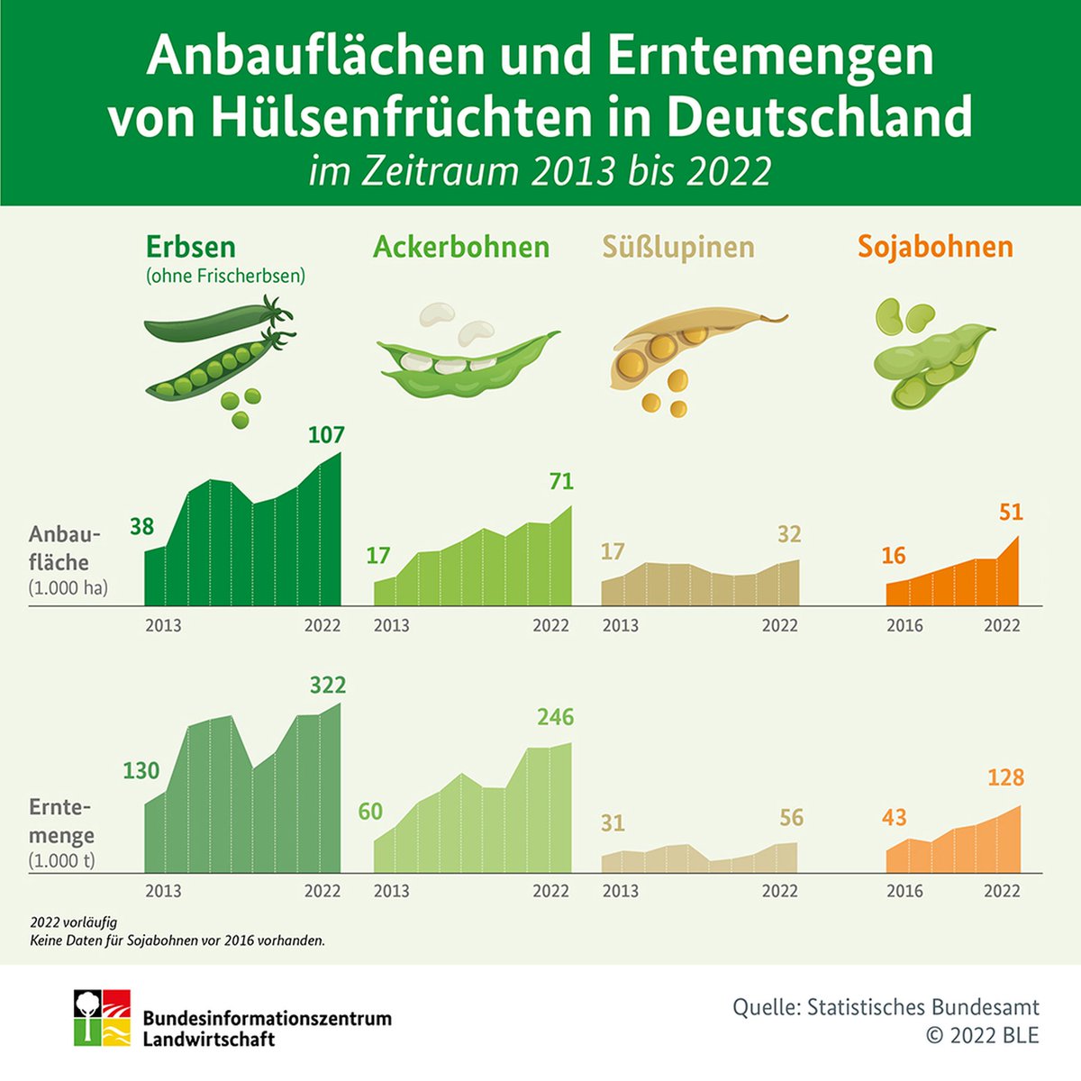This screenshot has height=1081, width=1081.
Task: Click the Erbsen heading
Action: click(x=191, y=247)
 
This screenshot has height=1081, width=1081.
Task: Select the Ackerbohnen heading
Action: click(x=461, y=247)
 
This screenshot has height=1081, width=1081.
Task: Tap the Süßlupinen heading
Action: click(x=677, y=247)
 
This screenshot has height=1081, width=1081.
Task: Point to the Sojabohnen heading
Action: click(x=935, y=247)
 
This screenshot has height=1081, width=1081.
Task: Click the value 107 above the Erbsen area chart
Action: click(x=326, y=435)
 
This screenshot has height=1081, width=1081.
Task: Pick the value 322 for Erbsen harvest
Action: click(x=327, y=686)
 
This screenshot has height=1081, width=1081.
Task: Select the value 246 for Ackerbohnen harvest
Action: click(x=555, y=717)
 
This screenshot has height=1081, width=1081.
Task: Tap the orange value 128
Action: click(x=1005, y=777)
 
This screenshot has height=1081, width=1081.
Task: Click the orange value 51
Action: click(x=1011, y=513)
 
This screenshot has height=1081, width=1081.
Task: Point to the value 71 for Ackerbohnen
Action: click(x=560, y=482)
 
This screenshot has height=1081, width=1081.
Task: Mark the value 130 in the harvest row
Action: click(x=141, y=771)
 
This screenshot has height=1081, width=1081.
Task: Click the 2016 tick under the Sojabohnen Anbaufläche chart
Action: click(x=904, y=625)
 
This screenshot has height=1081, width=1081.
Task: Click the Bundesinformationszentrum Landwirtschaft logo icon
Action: click(x=102, y=1018)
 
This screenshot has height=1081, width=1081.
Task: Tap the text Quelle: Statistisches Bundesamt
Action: click(x=886, y=1007)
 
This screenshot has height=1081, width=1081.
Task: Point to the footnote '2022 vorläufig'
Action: click(x=73, y=922)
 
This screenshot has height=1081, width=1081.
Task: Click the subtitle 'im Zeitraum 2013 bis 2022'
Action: click(x=540, y=170)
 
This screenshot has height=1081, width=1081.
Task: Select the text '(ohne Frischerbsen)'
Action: click(x=225, y=277)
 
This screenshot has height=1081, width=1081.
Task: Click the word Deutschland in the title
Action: click(x=819, y=116)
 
